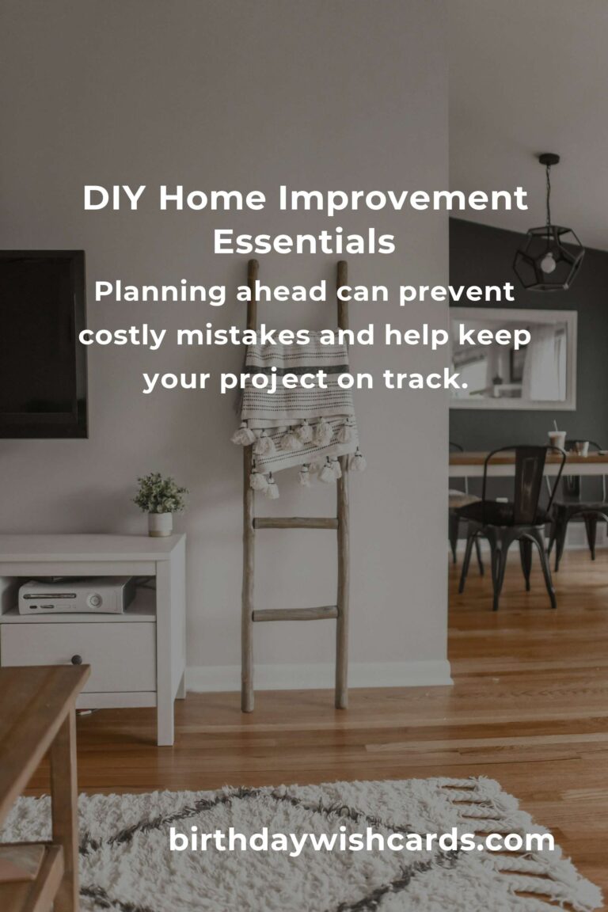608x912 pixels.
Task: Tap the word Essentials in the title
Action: click(304, 242)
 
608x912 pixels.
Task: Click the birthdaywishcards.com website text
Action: click(362, 840)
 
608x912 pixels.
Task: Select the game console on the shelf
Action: click(74, 595)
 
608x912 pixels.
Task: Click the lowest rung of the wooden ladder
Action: click(295, 614)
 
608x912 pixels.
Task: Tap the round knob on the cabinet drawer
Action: click(76, 659)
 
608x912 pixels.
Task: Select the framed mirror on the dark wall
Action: click(512, 359)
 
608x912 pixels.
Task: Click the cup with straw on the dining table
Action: click(558, 438)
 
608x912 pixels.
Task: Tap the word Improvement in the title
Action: click(403, 198)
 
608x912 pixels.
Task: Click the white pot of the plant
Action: click(160, 523)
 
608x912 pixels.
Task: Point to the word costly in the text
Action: click(123, 336)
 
